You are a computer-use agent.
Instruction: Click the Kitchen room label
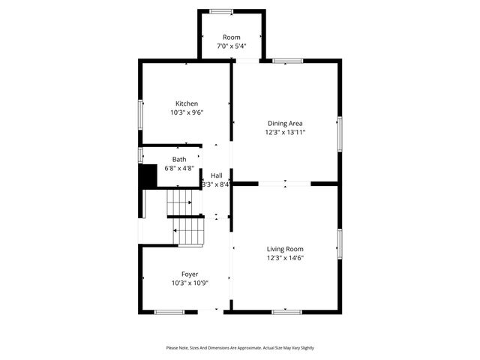(x=187, y=103)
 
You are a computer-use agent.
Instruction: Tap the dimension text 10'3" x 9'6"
(x=187, y=112)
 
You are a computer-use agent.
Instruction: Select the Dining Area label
(x=285, y=123)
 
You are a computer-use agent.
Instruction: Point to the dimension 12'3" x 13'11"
(x=285, y=132)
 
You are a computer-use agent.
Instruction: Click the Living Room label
(x=285, y=249)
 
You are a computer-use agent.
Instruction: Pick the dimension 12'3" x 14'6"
(x=285, y=258)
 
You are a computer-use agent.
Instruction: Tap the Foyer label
(x=190, y=274)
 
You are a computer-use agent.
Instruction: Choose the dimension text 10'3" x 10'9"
(x=190, y=283)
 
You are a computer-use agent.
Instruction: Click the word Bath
(x=179, y=159)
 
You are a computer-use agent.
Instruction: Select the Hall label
(x=216, y=175)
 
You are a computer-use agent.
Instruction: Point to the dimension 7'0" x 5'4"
(x=231, y=46)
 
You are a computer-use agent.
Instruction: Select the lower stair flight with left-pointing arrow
(x=190, y=231)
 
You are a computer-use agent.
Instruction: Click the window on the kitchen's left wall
(x=139, y=113)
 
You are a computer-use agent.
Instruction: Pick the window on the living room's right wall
(x=340, y=244)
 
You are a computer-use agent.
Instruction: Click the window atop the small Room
(x=220, y=10)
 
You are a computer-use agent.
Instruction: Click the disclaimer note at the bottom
(x=240, y=348)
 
